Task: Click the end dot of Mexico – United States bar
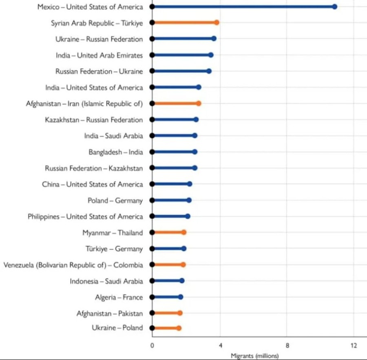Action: pos(334,7)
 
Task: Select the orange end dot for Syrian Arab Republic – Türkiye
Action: pos(217,22)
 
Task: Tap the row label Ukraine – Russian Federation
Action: pos(99,39)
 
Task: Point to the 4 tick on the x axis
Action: pos(220,346)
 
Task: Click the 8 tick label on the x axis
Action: pos(287,346)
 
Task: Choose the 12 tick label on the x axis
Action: pos(354,346)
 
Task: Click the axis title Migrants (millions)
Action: pos(254,356)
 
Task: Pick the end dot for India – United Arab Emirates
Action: pos(211,55)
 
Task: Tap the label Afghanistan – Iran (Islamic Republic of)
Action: pos(84,104)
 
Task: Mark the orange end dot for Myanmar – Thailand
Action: pos(184,232)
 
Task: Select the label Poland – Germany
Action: pos(115,201)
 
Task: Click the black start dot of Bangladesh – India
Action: pos(152,152)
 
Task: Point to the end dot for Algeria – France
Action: pos(181,297)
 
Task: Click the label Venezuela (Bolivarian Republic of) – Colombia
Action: pos(73,265)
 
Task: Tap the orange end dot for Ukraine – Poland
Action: pos(179,328)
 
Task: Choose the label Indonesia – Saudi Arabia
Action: pos(106,281)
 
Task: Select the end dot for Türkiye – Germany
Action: pos(184,248)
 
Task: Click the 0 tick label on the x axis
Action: pos(152,346)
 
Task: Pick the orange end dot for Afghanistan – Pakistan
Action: pos(180,313)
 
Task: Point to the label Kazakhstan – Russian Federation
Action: pos(94,120)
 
